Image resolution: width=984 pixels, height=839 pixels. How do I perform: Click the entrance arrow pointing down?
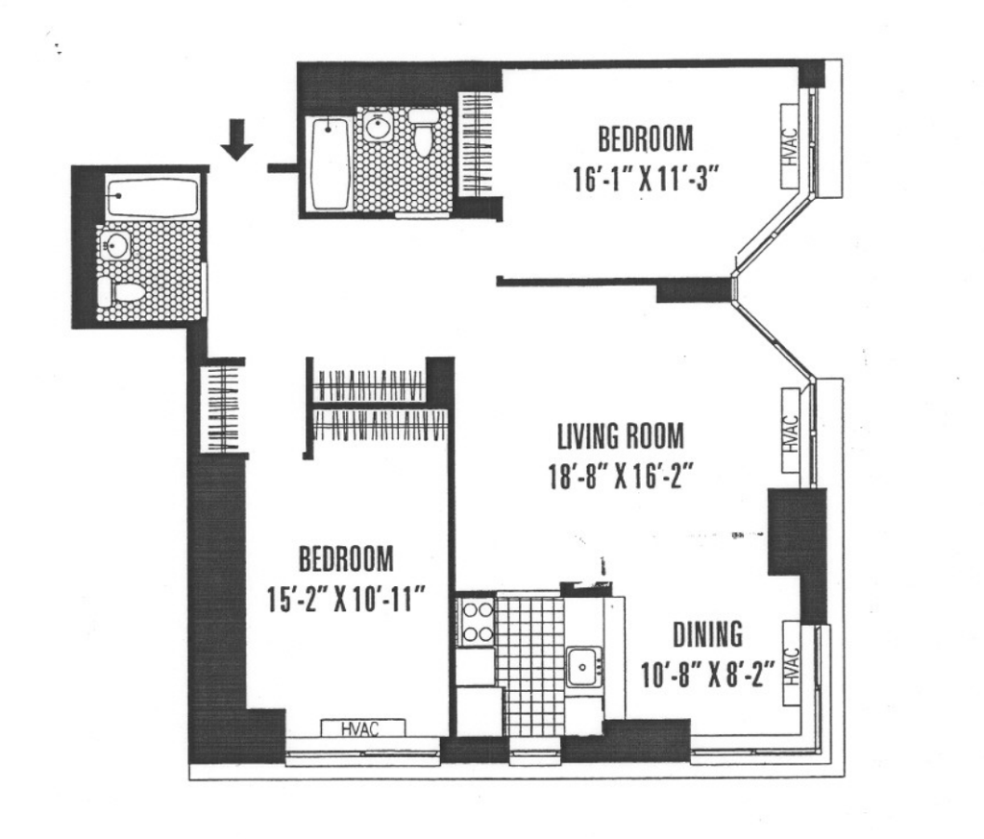pyautogui.click(x=236, y=140)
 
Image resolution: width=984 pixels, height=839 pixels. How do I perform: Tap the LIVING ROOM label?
pyautogui.click(x=621, y=436)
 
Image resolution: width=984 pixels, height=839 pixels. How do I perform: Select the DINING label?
pyautogui.click(x=708, y=634)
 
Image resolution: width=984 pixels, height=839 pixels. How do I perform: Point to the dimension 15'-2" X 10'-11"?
pyautogui.click(x=347, y=599)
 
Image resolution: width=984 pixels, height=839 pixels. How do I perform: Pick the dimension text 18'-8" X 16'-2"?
pyautogui.click(x=621, y=477)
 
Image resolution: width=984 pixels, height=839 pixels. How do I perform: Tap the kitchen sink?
pyautogui.click(x=583, y=668)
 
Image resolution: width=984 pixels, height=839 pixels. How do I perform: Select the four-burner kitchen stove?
pyautogui.click(x=477, y=622)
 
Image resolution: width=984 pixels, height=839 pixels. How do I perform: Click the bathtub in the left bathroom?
pyautogui.click(x=153, y=197)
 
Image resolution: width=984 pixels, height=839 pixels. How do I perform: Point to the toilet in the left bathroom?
pyautogui.click(x=121, y=292)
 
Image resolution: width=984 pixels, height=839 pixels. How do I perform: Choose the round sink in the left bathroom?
pyautogui.click(x=115, y=245)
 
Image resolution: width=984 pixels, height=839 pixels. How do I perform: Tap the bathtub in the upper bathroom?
pyautogui.click(x=329, y=164)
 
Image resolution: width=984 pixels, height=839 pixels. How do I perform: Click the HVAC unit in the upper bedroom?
pyautogui.click(x=790, y=146)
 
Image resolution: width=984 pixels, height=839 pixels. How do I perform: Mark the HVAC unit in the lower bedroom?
pyautogui.click(x=362, y=728)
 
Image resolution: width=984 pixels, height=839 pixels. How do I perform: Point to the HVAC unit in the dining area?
pyautogui.click(x=792, y=664)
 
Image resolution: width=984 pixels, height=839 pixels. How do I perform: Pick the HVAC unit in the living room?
pyautogui.click(x=791, y=431)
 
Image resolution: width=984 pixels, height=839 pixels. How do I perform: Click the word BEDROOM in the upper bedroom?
pyautogui.click(x=645, y=139)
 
